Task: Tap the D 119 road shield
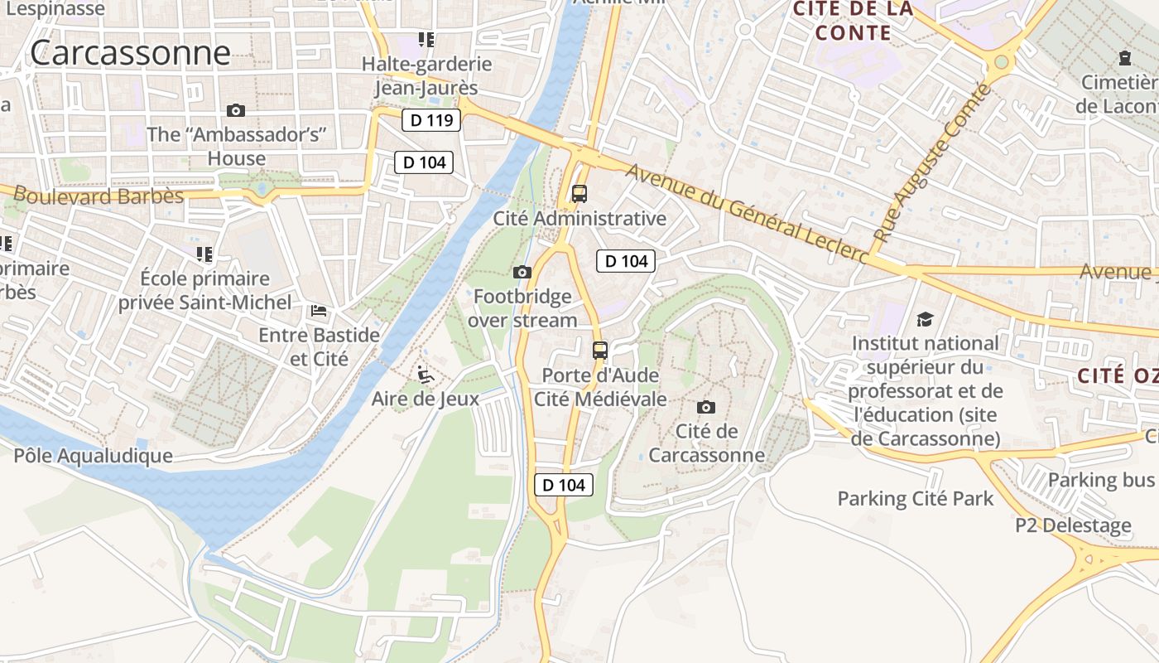pyautogui.click(x=431, y=120)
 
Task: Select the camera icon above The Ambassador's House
pyautogui.click(x=236, y=110)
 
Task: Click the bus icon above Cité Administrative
pyautogui.click(x=579, y=194)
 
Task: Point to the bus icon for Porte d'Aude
pyautogui.click(x=600, y=350)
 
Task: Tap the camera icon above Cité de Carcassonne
pyautogui.click(x=706, y=407)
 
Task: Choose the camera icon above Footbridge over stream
pyautogui.click(x=522, y=272)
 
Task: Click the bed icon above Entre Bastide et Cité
pyautogui.click(x=319, y=311)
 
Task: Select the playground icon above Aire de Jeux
pyautogui.click(x=425, y=375)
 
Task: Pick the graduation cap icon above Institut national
pyautogui.click(x=925, y=319)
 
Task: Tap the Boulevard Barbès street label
pyautogui.click(x=99, y=196)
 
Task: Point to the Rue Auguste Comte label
pyautogui.click(x=931, y=162)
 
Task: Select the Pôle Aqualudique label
pyautogui.click(x=93, y=455)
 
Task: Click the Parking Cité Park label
pyautogui.click(x=915, y=499)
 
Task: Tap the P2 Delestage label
pyautogui.click(x=1073, y=525)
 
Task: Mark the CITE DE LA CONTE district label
pyautogui.click(x=853, y=21)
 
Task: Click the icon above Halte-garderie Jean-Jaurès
pyautogui.click(x=426, y=39)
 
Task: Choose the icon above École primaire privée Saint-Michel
pyautogui.click(x=204, y=254)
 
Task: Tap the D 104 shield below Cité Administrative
pyautogui.click(x=626, y=261)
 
